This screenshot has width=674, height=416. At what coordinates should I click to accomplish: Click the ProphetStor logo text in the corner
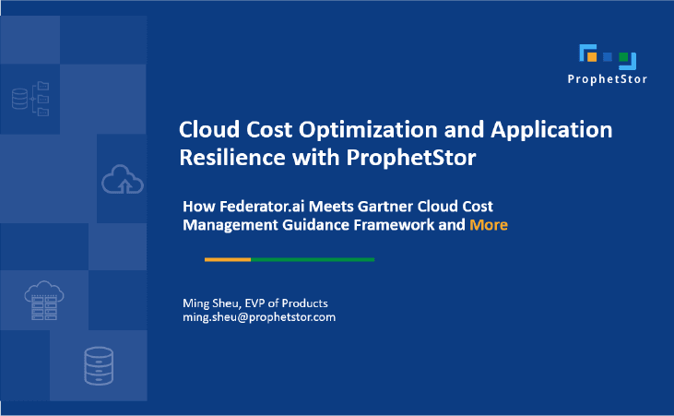tap(607, 79)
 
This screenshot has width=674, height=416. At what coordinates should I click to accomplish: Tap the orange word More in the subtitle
tap(489, 224)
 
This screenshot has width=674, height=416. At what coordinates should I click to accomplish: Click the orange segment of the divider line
tap(227, 260)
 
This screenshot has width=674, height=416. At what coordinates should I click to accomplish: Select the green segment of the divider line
tap(313, 260)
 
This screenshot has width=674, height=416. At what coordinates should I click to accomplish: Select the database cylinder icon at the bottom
tap(98, 365)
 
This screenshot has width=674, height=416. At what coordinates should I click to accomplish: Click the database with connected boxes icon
tap(30, 98)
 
